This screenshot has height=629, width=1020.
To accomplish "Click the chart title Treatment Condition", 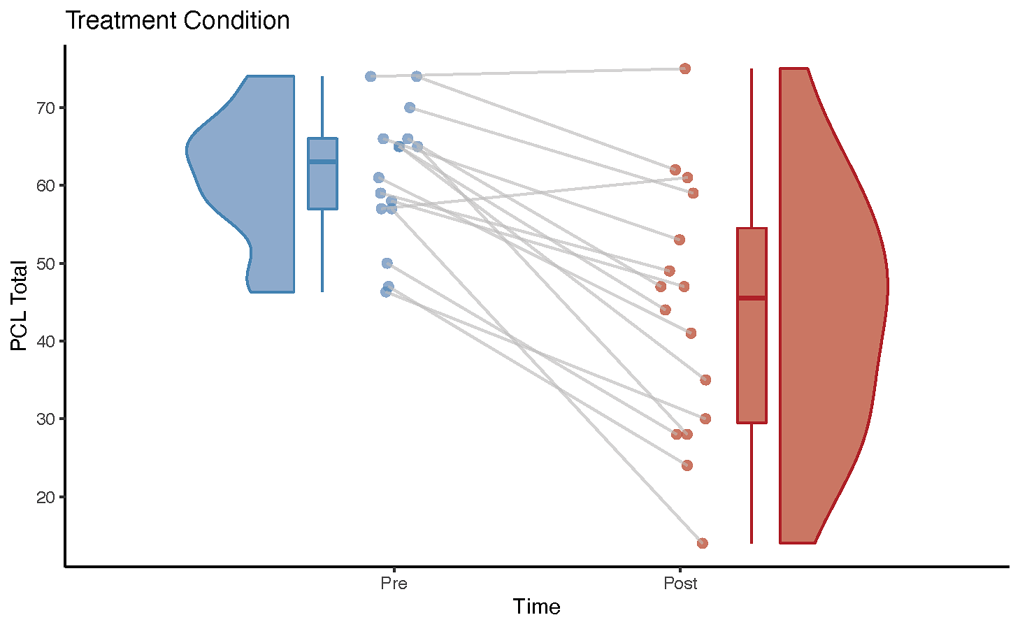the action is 178,21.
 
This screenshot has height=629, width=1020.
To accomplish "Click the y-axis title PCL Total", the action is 19,305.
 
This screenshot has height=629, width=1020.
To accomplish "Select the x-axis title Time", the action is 536,607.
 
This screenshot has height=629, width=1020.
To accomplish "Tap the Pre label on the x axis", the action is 394,583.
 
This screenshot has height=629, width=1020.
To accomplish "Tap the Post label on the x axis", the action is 680,583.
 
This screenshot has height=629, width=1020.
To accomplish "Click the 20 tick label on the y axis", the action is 45,497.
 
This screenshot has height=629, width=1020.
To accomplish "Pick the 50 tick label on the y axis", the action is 45,263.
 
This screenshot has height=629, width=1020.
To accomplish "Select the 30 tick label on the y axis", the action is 45,419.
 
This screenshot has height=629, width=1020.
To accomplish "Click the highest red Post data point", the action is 685,68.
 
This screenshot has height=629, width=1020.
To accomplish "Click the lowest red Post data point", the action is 702,543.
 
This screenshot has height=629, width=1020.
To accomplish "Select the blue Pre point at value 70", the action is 410,108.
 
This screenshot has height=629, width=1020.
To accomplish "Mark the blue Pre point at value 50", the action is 387,263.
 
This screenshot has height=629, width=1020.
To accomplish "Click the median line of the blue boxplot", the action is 322,161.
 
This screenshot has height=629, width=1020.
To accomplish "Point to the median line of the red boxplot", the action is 752,298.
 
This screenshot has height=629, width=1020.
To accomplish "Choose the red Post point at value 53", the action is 680,240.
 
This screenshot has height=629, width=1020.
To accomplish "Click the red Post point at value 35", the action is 705,379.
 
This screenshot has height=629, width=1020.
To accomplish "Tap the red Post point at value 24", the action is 687,465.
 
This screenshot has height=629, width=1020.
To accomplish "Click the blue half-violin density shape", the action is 255,182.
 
